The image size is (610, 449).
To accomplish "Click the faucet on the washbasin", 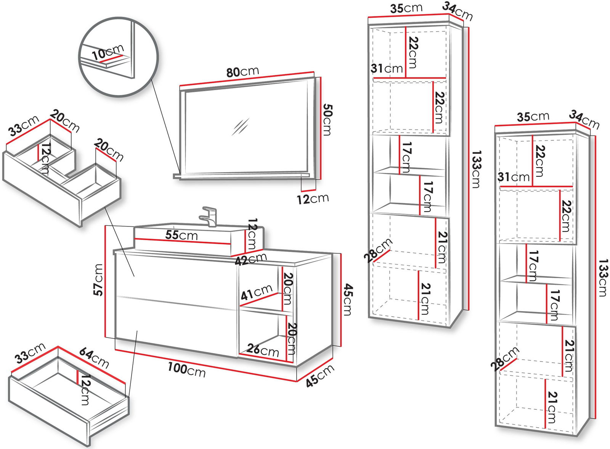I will (208, 216).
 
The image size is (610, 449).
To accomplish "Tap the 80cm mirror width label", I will (242, 72).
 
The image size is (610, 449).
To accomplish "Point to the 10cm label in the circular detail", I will (108, 52).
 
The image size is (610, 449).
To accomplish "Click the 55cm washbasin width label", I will (181, 235).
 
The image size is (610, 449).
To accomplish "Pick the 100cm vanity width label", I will (186, 369).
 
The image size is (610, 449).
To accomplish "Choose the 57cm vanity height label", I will (98, 279).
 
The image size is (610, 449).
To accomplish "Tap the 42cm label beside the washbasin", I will (250, 260).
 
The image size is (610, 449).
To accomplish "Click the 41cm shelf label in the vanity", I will (256, 292).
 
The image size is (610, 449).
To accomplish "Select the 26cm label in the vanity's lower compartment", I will (263, 349).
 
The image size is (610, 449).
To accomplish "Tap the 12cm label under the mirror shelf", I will (313, 199).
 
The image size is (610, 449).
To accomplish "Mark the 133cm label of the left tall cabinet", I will (476, 169).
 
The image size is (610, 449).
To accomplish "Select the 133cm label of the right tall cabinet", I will (603, 278).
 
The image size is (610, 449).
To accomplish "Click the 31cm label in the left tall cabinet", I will (387, 69).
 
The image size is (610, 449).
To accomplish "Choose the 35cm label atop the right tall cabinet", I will (533, 116).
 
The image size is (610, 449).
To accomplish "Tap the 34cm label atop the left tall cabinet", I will (457, 11).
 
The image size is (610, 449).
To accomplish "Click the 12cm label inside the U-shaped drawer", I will (45, 158).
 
